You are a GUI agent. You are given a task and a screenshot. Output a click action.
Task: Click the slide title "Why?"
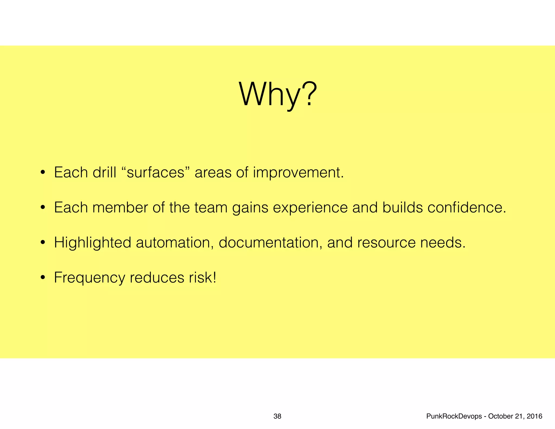pyautogui.click(x=277, y=95)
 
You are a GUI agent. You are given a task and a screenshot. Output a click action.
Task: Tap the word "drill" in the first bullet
pyautogui.click(x=104, y=172)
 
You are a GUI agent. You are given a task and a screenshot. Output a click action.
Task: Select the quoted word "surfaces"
pyautogui.click(x=156, y=172)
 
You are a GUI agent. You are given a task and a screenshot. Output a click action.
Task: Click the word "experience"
pyautogui.click(x=310, y=208)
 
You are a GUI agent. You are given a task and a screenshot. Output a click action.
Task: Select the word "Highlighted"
pyautogui.click(x=92, y=243)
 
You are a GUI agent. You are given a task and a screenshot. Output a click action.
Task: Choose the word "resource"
pyautogui.click(x=386, y=243)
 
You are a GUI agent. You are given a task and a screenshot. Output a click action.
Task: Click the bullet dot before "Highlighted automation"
pyautogui.click(x=43, y=243)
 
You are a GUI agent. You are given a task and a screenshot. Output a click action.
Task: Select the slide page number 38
pyautogui.click(x=277, y=416)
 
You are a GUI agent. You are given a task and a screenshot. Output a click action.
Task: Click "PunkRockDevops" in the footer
pyautogui.click(x=454, y=416)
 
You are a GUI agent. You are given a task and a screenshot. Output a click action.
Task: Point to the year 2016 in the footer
pyautogui.click(x=535, y=416)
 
